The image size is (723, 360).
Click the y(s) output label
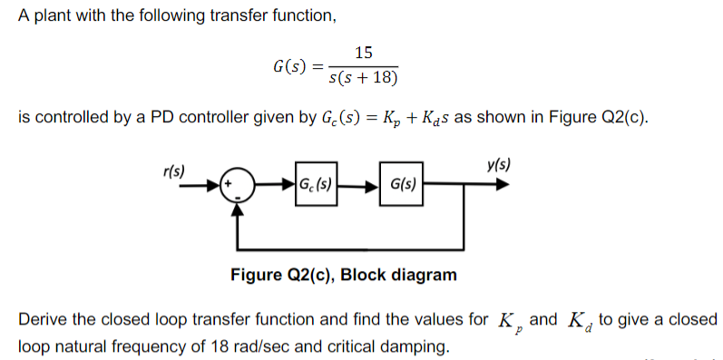coord(498,167)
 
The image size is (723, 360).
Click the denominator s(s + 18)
coord(363,77)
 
